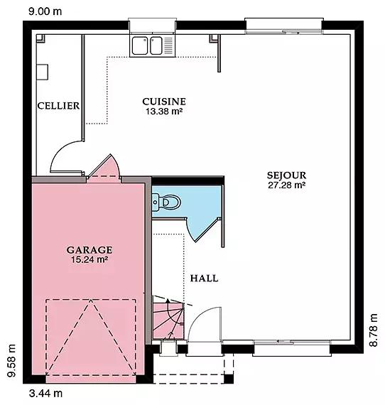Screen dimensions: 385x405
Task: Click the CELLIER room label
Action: [58, 106]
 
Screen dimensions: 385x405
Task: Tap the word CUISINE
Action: [164, 102]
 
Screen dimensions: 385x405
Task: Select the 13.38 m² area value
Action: [164, 112]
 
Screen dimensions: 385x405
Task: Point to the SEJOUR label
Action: [287, 175]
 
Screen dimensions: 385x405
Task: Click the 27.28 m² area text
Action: [287, 185]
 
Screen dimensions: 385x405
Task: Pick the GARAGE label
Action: [90, 250]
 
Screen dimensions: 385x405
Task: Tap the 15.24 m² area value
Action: [90, 259]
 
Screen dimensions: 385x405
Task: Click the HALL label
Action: [204, 279]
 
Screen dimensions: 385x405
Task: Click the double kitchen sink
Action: [147, 45]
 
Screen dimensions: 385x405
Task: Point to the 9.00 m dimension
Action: [45, 11]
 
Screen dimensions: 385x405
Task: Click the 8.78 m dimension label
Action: [374, 330]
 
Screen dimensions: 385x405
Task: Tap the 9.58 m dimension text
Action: [11, 360]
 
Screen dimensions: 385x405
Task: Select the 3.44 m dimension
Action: [45, 394]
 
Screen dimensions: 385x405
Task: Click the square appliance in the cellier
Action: [42, 72]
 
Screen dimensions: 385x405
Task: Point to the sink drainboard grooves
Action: [168, 45]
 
